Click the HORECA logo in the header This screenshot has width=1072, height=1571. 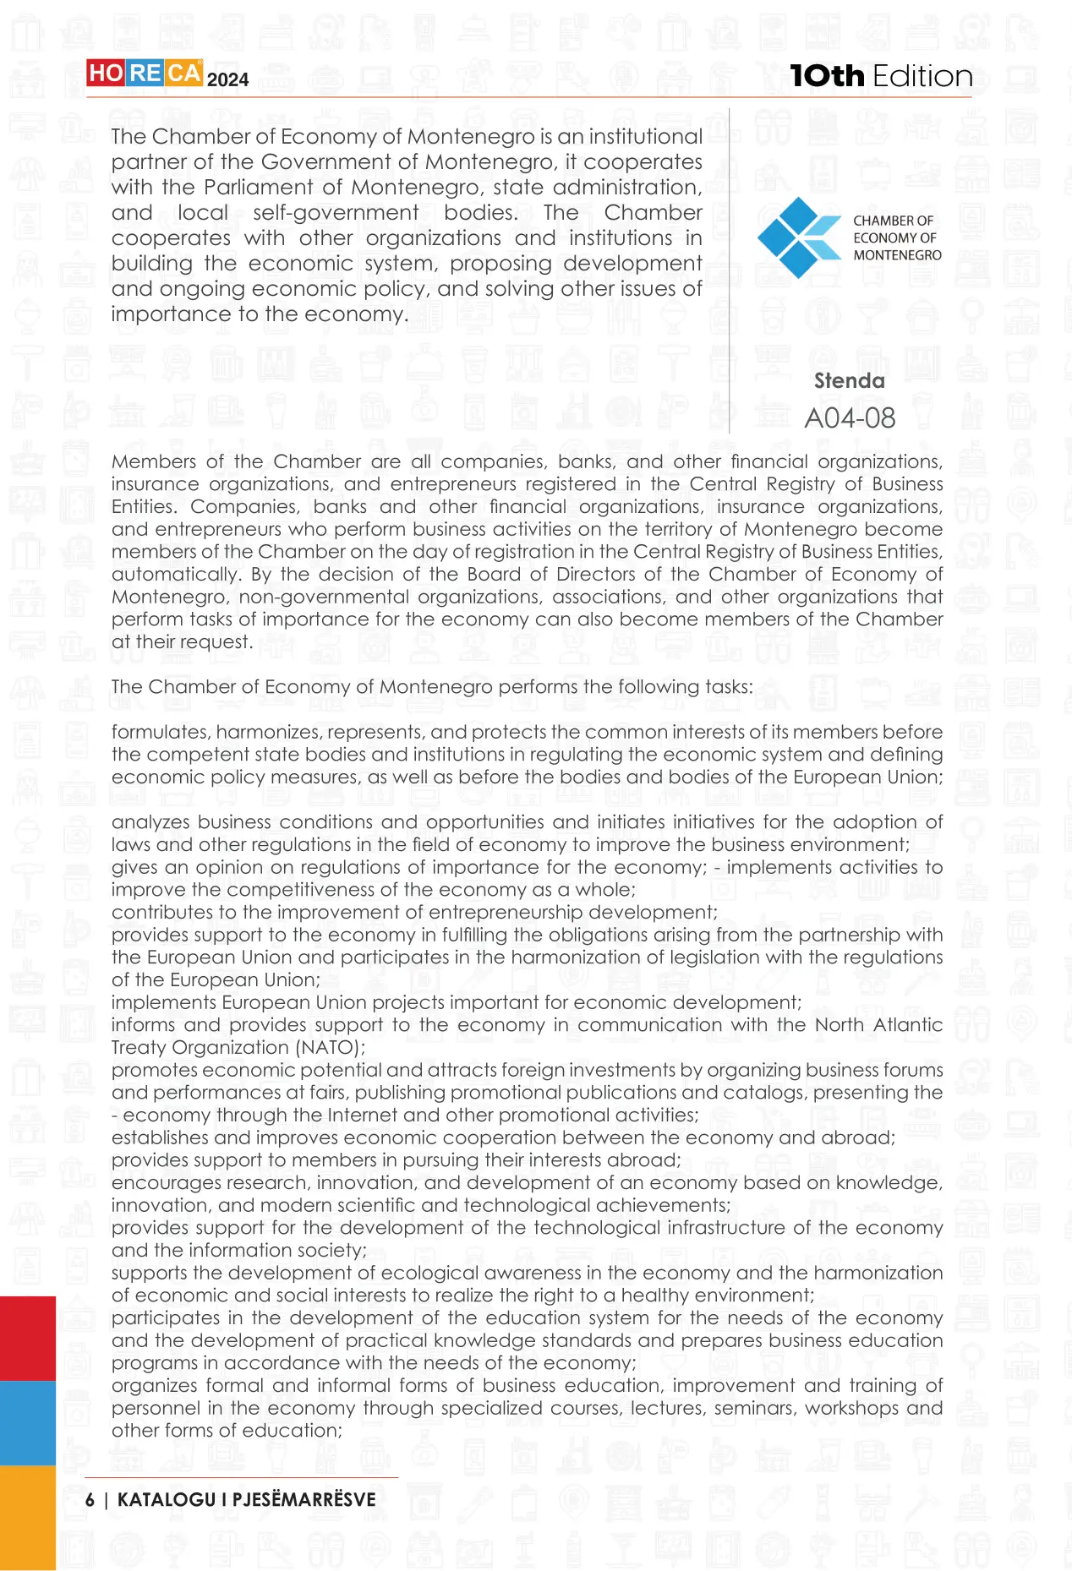click(144, 74)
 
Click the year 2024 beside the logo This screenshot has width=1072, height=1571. click(227, 80)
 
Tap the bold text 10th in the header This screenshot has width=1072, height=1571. click(827, 76)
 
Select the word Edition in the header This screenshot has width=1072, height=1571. click(922, 76)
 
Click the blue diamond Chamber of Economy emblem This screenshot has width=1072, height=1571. click(793, 237)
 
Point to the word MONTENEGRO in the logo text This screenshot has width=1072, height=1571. click(897, 255)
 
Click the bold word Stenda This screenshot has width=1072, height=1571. click(849, 381)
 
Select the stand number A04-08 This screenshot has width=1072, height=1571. click(850, 417)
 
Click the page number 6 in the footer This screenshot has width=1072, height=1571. click(90, 1499)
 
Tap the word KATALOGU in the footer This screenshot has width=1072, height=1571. click(166, 1499)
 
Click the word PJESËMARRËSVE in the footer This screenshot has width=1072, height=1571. click(304, 1499)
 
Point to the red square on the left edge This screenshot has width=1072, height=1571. click(27, 1338)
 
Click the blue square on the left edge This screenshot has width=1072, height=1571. click(27, 1422)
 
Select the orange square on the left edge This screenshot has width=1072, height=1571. click(27, 1517)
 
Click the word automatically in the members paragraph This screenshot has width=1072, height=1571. click(175, 574)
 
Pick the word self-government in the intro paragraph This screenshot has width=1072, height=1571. click(336, 212)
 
